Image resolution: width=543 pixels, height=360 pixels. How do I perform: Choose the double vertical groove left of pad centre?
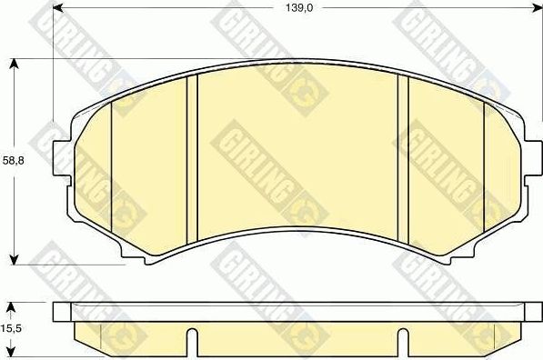tap(192, 159)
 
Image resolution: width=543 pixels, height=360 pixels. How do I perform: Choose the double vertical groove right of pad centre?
tap(404, 159)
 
